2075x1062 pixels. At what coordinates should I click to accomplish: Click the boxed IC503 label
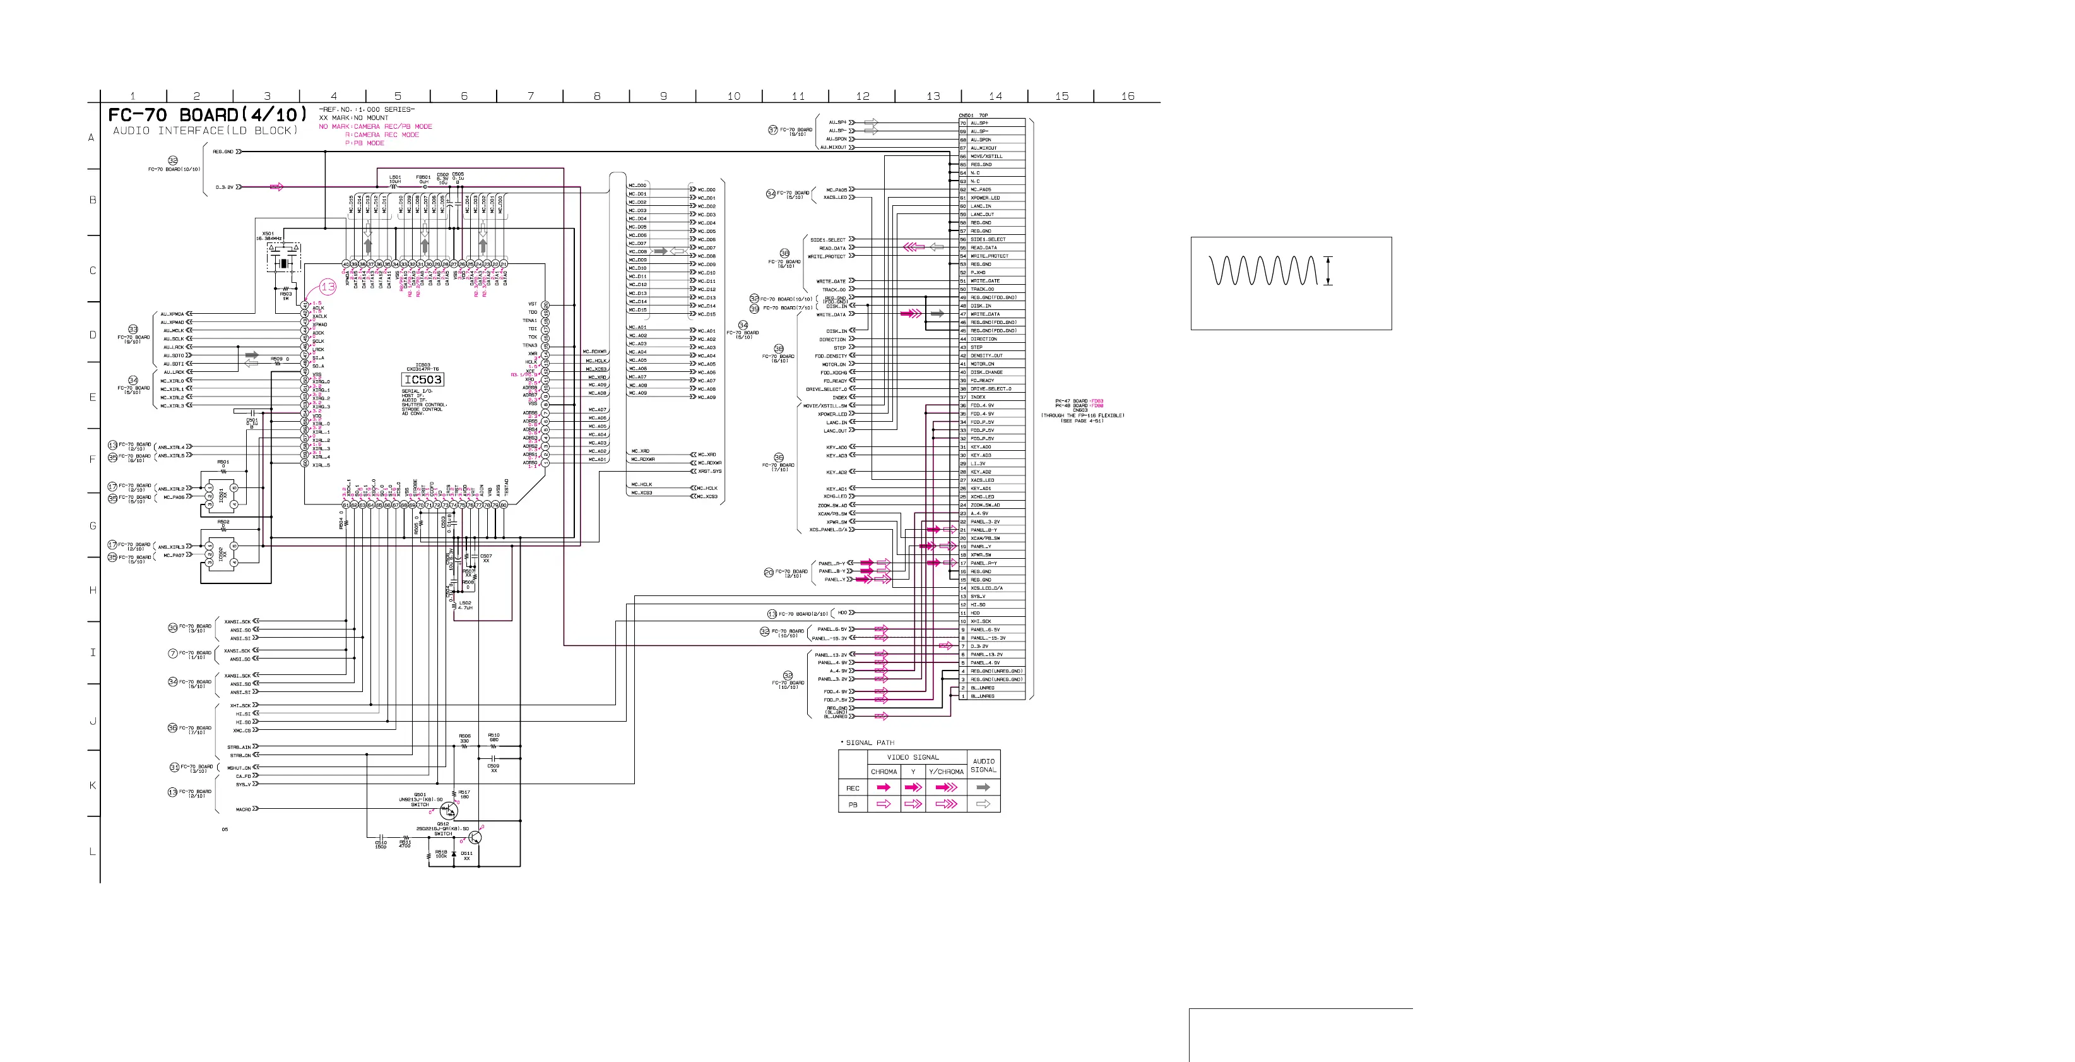point(423,379)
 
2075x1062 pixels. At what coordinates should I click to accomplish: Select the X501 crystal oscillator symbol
point(283,263)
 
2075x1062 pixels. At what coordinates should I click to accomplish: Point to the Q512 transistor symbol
point(475,838)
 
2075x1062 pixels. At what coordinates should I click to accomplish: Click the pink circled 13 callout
point(327,287)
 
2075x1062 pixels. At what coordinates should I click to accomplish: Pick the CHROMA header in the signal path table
point(884,772)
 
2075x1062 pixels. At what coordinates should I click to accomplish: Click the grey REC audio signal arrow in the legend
point(983,787)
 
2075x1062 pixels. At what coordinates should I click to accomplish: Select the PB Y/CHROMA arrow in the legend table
point(945,804)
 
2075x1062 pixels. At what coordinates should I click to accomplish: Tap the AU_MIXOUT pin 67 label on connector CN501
point(983,148)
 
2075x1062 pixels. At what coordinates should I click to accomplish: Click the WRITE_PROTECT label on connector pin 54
point(989,256)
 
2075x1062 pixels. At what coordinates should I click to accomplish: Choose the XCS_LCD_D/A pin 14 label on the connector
point(986,588)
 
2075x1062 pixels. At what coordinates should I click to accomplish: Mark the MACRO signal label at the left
point(243,809)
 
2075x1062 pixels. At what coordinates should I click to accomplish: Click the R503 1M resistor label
point(286,295)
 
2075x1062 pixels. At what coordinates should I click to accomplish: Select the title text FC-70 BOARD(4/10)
point(208,114)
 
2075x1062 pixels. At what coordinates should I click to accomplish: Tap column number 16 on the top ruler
point(1128,96)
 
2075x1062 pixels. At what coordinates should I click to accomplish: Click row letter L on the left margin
point(92,852)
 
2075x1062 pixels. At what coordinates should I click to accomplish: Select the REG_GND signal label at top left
point(223,152)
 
